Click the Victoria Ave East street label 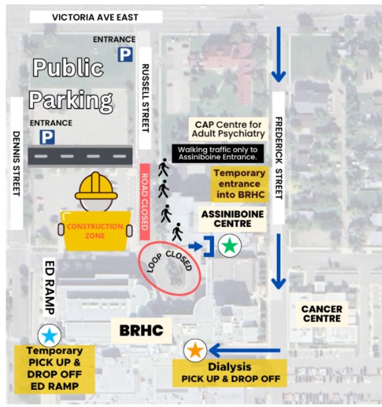95,17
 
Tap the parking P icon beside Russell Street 126,54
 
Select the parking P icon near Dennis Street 47,137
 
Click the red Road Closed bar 144,201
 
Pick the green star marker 230,245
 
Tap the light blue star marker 49,336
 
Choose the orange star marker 195,351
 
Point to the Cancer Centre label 321,314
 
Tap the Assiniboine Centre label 233,219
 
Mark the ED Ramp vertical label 49,287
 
